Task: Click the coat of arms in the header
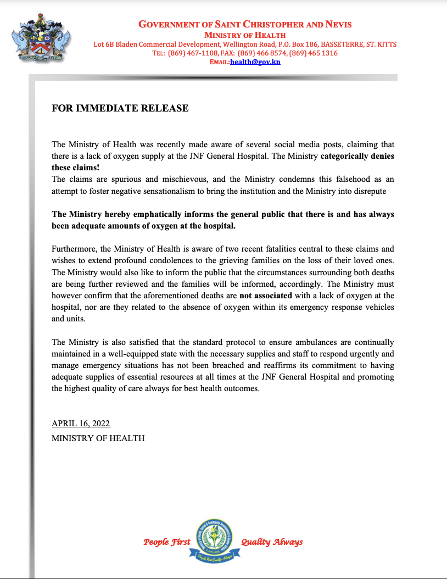coord(41,41)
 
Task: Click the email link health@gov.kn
coord(255,62)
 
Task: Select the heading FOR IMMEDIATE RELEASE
coord(120,108)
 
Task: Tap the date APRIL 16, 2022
coord(81,424)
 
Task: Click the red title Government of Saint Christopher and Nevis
coord(245,24)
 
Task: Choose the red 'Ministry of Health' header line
coord(245,35)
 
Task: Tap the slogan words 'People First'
coord(167,542)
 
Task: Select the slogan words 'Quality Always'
coord(272,542)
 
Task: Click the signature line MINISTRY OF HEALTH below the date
coord(98,438)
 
